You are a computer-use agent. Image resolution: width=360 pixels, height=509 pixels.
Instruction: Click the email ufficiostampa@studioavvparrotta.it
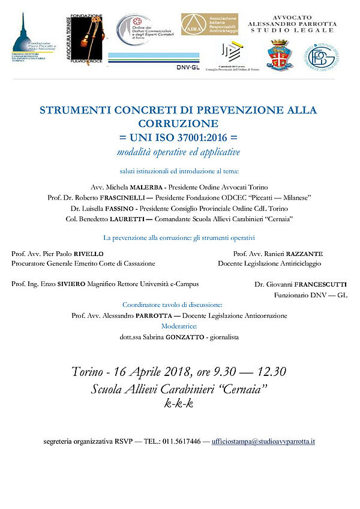point(263,441)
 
